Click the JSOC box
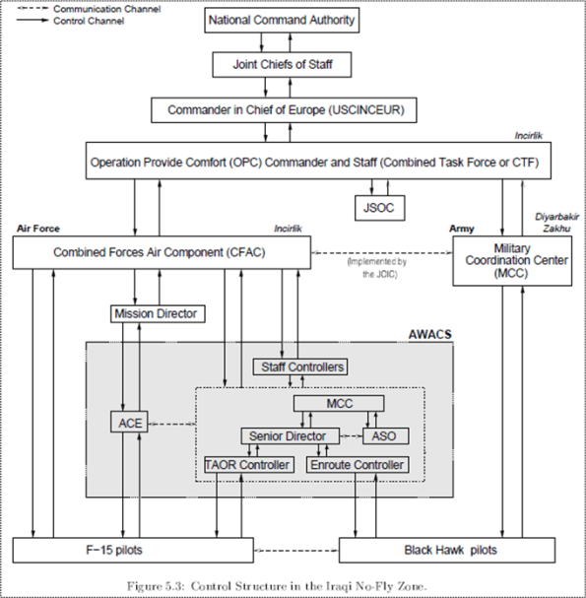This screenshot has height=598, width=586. click(377, 208)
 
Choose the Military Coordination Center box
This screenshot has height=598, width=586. click(510, 260)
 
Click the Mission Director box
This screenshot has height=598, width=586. click(156, 314)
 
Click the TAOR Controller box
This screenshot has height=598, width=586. click(248, 464)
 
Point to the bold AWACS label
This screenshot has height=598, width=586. click(429, 335)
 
